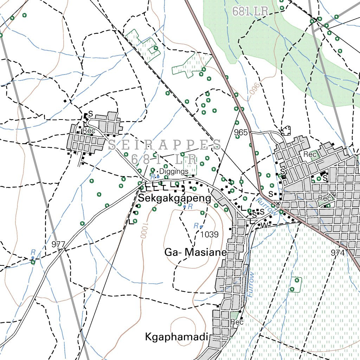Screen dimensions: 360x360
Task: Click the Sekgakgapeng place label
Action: point(175,198)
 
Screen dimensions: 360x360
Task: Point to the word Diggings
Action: point(174,171)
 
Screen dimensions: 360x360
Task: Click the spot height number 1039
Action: point(210,234)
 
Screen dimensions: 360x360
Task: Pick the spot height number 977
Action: point(58,244)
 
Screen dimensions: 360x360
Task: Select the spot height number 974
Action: point(337,252)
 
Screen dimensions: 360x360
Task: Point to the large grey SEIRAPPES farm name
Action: point(165,144)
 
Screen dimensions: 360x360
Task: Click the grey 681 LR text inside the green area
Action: point(250,12)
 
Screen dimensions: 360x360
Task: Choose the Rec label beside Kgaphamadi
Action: point(237,322)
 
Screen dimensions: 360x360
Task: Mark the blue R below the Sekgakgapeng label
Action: point(190,207)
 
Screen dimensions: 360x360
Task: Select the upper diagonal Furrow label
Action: point(267,206)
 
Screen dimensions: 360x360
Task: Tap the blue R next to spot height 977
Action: point(33,252)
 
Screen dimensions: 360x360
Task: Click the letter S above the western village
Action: point(91,114)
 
